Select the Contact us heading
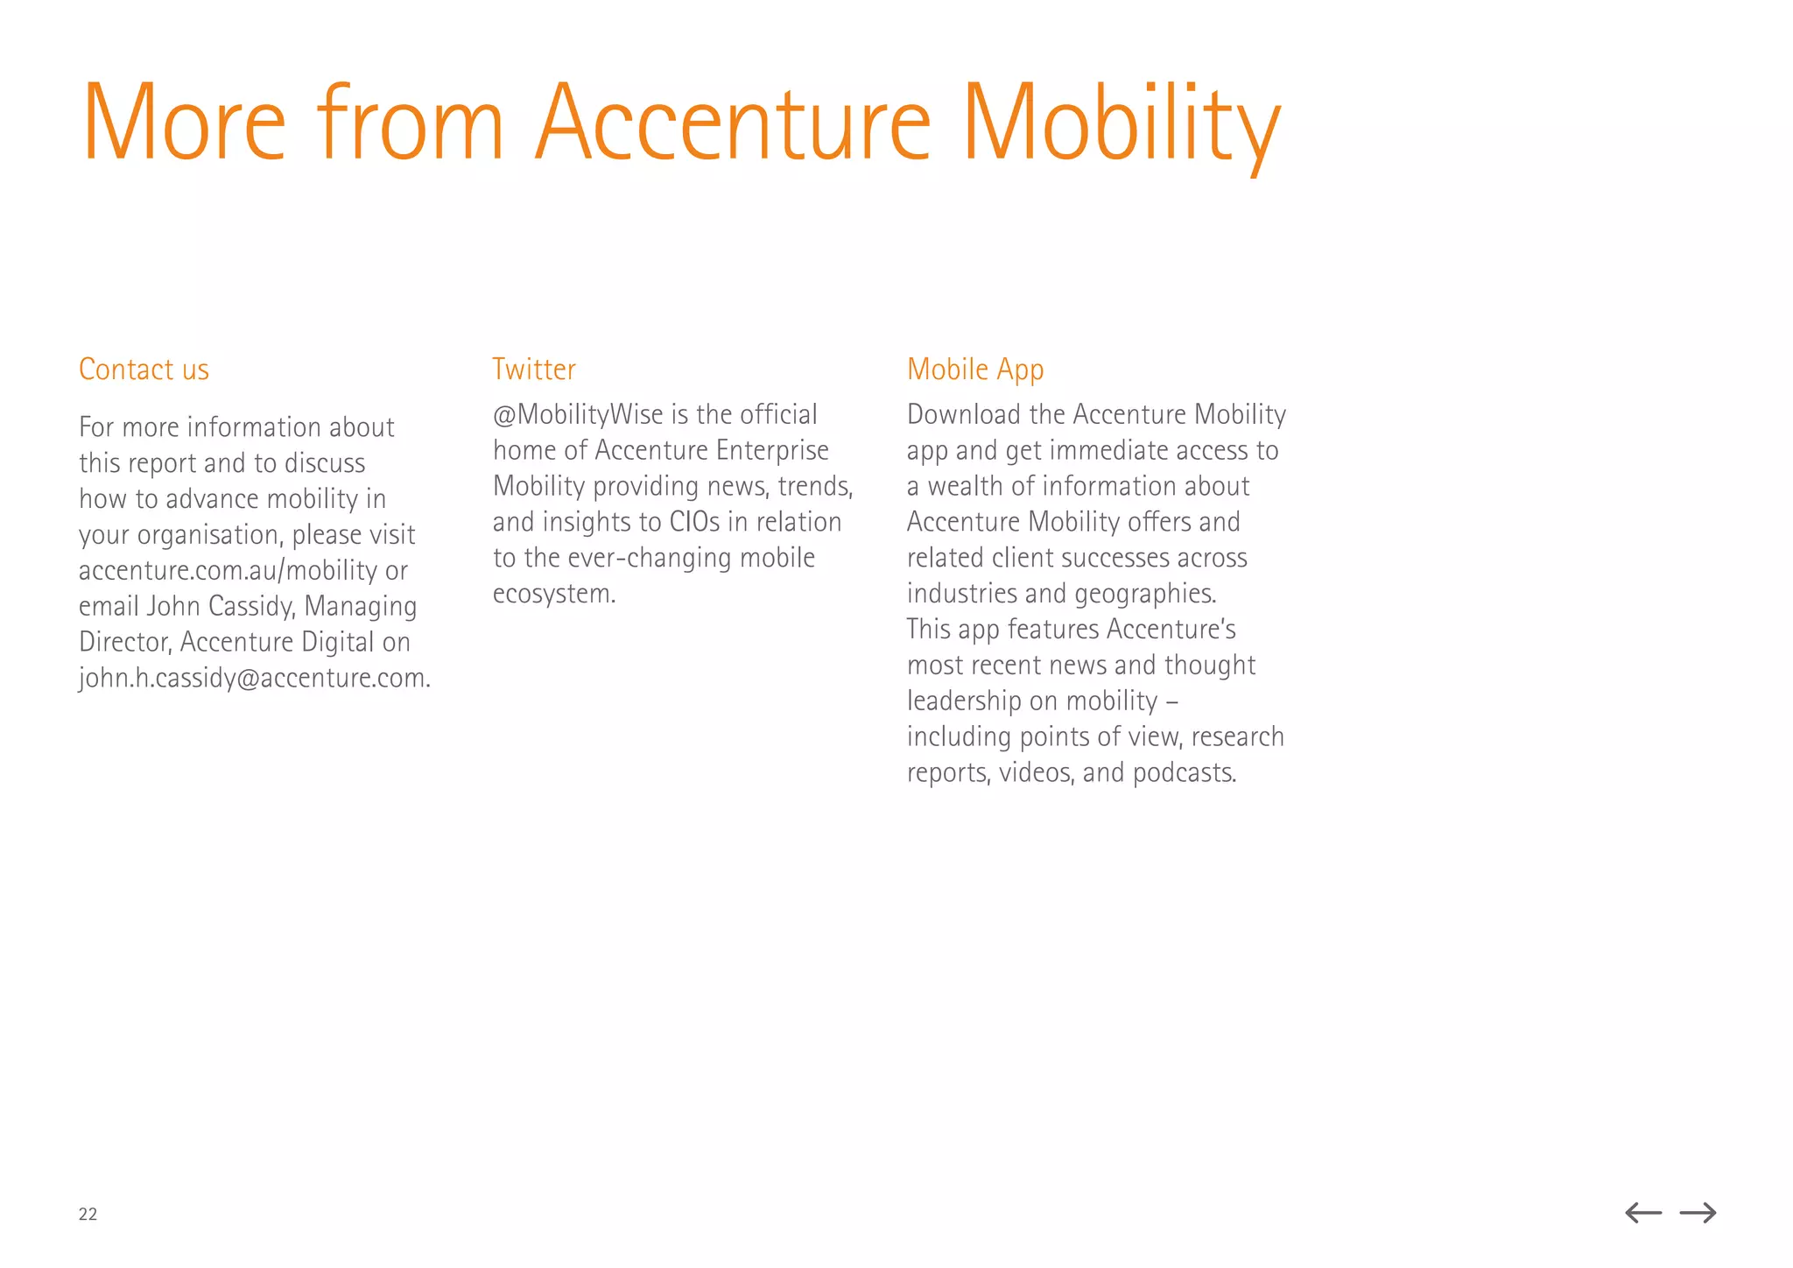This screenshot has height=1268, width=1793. click(x=144, y=370)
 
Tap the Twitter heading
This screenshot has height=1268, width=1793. click(x=534, y=370)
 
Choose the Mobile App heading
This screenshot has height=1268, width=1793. click(x=975, y=370)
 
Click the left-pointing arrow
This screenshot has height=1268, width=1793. click(x=1643, y=1213)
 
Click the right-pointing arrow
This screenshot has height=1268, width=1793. click(x=1698, y=1213)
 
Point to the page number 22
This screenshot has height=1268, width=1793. click(x=88, y=1214)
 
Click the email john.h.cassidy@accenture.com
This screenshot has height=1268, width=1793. click(x=254, y=679)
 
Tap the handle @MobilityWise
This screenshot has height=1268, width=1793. click(x=578, y=414)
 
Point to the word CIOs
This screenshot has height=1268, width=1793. click(x=694, y=522)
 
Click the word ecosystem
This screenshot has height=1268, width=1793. click(x=553, y=594)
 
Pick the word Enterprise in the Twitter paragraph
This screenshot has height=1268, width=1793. click(x=772, y=450)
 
